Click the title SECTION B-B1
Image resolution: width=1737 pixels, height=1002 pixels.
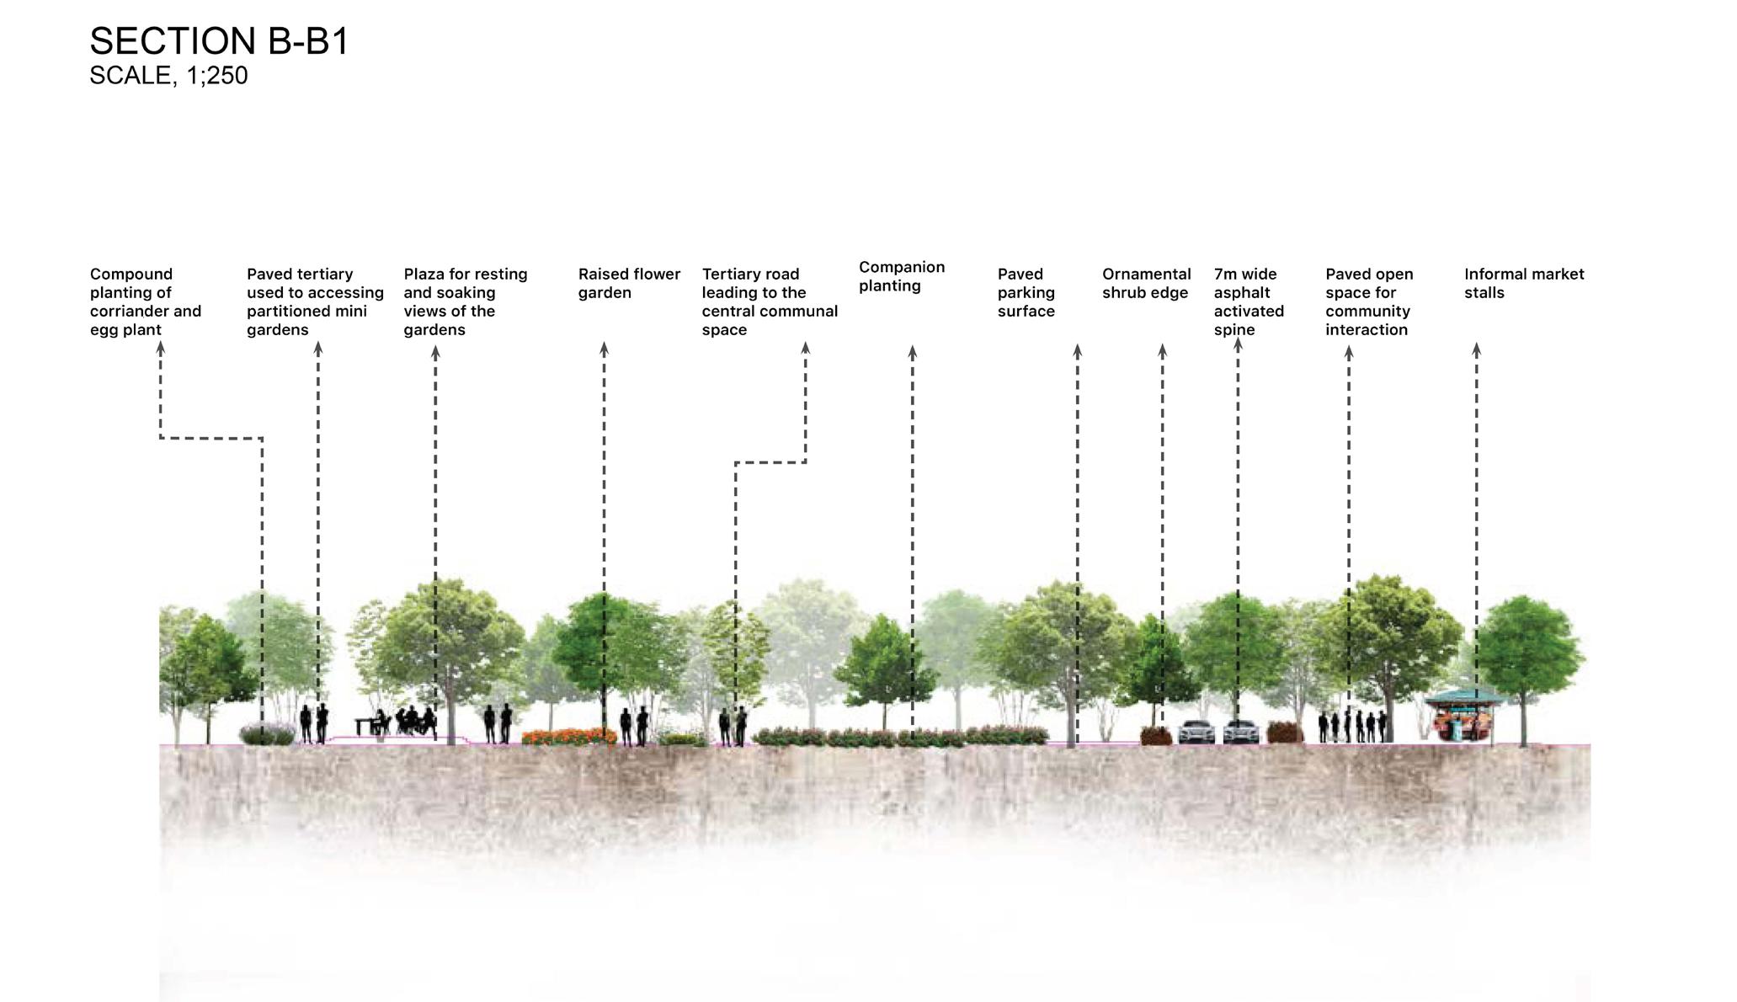219,40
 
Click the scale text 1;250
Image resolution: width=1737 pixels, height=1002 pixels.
168,76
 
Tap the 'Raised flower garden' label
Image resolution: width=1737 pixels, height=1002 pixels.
629,284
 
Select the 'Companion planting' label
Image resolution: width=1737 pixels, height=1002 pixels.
901,276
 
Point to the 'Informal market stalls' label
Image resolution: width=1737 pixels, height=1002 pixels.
1523,284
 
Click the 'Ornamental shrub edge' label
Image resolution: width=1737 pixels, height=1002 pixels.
1146,284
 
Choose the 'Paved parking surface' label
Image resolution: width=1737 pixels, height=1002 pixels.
1026,293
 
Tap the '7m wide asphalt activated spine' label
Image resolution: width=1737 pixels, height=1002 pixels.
1249,301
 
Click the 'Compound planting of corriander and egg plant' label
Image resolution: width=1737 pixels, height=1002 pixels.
146,301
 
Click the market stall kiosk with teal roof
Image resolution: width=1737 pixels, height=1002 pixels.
1463,714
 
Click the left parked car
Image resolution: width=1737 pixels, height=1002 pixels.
1196,732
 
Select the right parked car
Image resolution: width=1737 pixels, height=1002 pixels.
1241,732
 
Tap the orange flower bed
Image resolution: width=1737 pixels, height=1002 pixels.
569,737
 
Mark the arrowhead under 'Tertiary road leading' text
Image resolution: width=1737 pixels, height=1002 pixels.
805,347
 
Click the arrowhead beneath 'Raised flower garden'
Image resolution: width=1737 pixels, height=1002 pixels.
604,347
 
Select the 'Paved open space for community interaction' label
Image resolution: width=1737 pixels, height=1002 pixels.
1368,301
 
